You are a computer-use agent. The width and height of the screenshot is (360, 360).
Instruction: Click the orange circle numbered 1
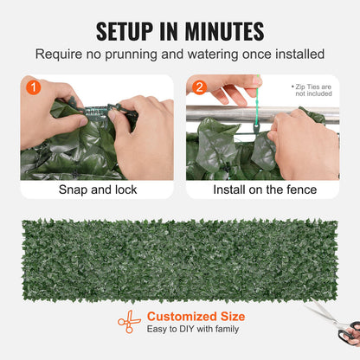point(33,87)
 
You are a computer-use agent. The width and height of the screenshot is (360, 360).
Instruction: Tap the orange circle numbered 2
point(198,87)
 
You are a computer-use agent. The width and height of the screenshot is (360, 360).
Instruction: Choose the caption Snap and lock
point(96,190)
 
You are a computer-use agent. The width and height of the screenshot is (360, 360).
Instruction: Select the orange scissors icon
point(129,322)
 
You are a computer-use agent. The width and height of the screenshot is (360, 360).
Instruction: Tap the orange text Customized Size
point(196,316)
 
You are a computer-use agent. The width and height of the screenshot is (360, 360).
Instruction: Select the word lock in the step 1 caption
point(121,190)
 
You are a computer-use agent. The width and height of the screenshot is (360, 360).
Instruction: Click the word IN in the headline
point(174,31)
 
